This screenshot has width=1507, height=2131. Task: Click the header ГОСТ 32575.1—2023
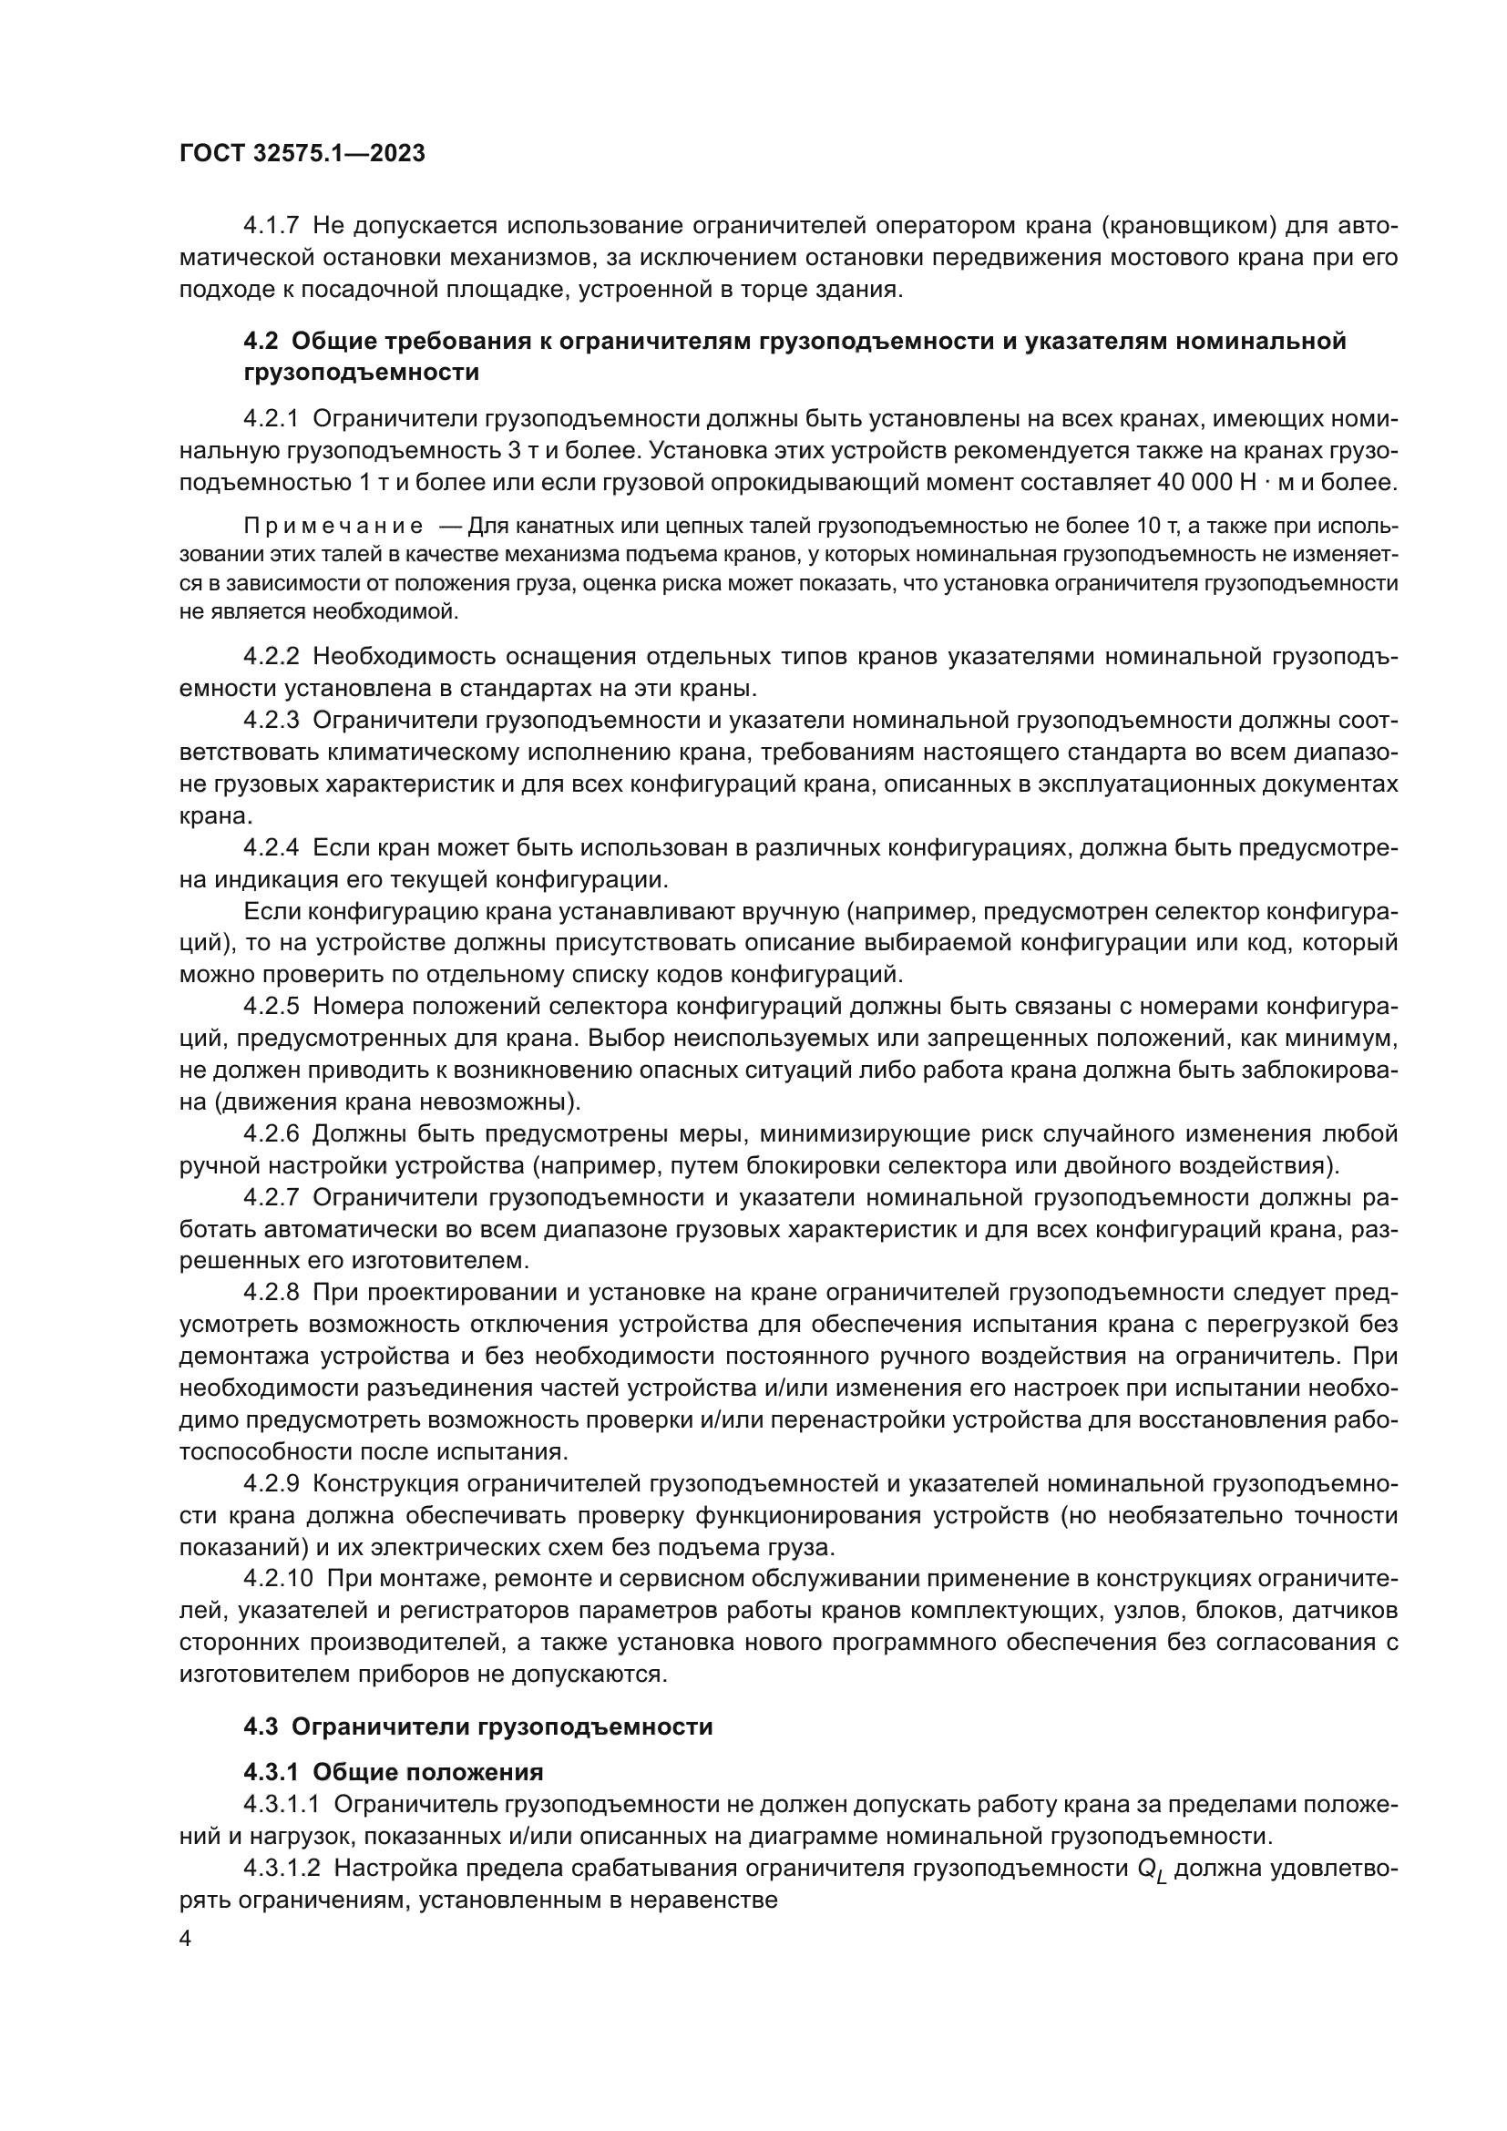(x=302, y=154)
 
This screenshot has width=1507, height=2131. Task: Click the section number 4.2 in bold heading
(x=261, y=341)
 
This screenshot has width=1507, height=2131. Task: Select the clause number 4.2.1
(x=271, y=418)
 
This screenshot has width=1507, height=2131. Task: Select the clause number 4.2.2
(x=271, y=656)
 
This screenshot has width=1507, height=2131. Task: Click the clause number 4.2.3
(x=271, y=721)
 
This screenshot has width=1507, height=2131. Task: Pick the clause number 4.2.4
(x=271, y=847)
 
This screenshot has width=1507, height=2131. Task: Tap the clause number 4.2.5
(x=271, y=1007)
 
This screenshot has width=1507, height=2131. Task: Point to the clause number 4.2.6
(x=271, y=1134)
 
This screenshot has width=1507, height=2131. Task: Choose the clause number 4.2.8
(x=271, y=1293)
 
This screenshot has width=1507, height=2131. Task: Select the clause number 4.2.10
(x=279, y=1579)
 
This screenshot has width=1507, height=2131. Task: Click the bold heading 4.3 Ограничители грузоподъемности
(x=478, y=1727)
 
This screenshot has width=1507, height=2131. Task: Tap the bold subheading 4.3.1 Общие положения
(x=394, y=1772)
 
